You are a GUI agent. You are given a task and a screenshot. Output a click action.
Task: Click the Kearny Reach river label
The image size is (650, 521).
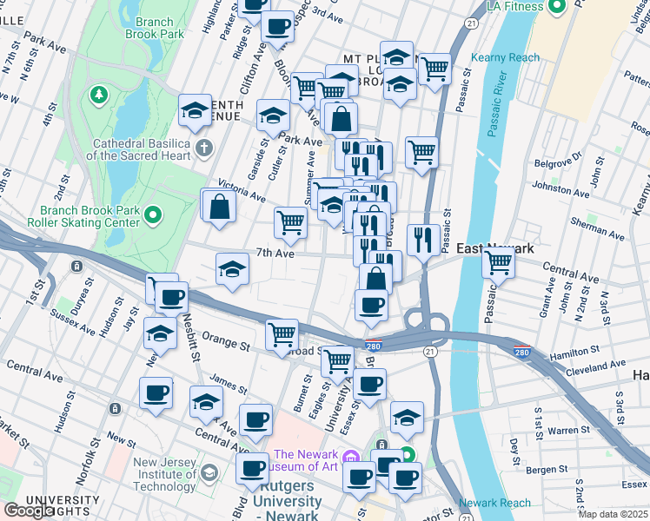coord(505,58)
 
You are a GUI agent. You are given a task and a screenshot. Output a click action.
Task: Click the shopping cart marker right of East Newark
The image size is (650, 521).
coord(498,261)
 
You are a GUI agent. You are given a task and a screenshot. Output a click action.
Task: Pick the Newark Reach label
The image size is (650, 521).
coord(494,503)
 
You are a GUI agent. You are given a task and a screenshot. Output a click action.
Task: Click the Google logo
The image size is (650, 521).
coord(28,511)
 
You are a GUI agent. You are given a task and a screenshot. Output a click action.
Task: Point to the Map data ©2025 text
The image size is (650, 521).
coord(614,514)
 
